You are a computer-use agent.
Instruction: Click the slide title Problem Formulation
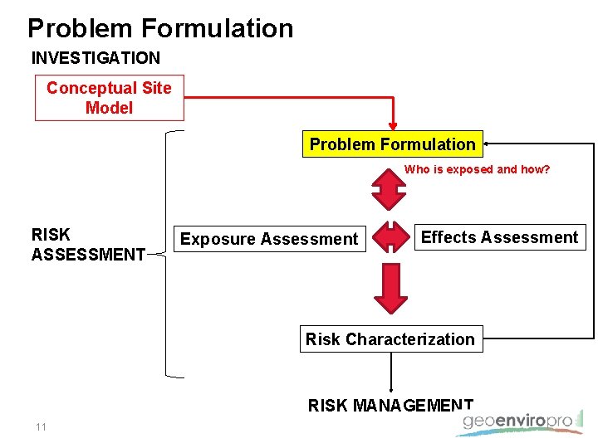[x=160, y=28]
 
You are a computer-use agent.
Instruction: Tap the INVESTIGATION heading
[x=96, y=58]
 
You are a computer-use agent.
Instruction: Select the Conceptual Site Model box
[x=109, y=98]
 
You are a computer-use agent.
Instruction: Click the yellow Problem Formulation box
[x=392, y=144]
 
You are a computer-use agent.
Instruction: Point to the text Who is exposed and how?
[x=477, y=169]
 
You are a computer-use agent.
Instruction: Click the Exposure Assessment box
[x=269, y=239]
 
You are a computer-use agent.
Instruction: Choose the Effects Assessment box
[x=499, y=237]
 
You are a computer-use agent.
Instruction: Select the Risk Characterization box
[x=390, y=339]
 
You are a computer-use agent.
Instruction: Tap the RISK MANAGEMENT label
[x=390, y=405]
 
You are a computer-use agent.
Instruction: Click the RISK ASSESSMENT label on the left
[x=88, y=245]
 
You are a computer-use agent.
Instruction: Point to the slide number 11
[x=41, y=427]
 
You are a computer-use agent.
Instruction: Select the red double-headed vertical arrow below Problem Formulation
[x=388, y=188]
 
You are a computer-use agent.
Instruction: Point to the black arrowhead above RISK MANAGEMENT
[x=391, y=388]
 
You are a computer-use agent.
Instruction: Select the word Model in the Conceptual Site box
[x=109, y=108]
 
